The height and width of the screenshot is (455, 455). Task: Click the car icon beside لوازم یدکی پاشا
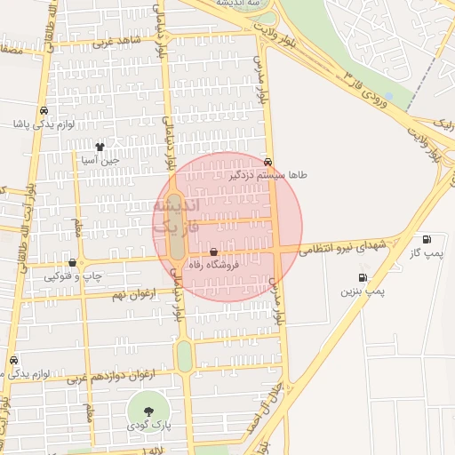[44, 112]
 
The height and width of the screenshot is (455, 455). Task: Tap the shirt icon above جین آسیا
[99, 148]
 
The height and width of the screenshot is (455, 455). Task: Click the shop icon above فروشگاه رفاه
[213, 251]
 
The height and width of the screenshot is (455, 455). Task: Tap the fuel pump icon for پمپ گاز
[427, 239]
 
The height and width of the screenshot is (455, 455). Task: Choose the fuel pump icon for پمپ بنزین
[363, 277]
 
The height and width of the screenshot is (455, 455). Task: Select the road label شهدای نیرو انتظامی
[342, 246]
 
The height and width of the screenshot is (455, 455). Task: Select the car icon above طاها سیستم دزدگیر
[267, 163]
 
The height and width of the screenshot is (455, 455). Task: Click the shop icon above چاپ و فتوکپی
[73, 263]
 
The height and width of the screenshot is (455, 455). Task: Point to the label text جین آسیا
[99, 161]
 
